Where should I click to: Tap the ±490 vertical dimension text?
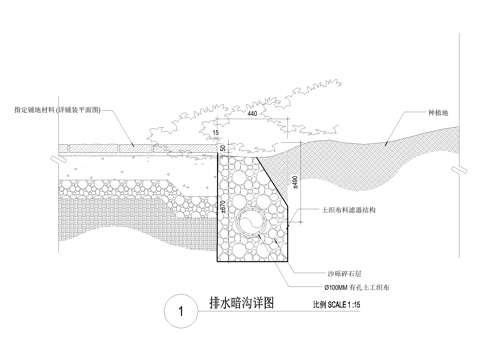pos(293,183)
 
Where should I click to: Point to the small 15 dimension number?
pos(215,133)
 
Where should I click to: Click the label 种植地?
pos(438,112)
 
